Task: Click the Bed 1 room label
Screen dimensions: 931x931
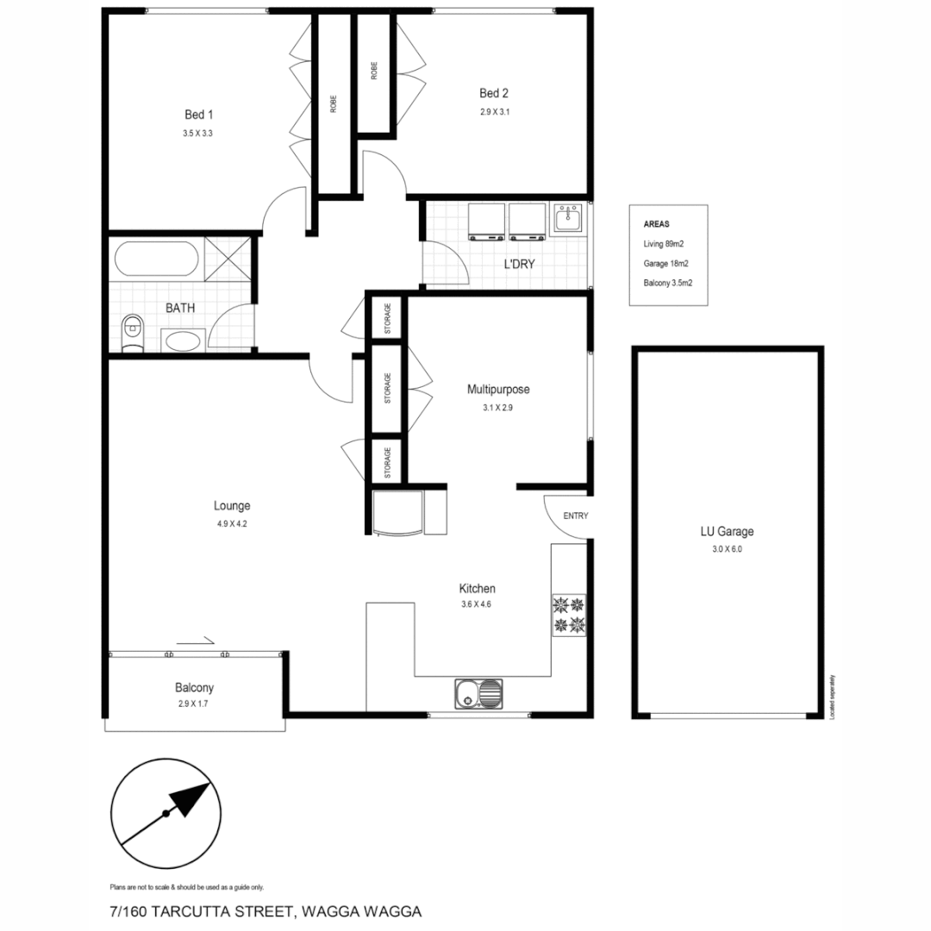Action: coord(198,115)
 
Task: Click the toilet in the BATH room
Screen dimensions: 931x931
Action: coord(132,331)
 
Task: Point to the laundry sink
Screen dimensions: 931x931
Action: coord(567,219)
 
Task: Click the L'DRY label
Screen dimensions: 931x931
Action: coord(520,264)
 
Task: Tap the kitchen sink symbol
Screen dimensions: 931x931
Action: coord(479,691)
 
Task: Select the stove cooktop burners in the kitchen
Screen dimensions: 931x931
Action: coord(569,614)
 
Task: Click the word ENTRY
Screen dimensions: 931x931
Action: coord(575,515)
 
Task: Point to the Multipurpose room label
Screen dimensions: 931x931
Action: coord(498,390)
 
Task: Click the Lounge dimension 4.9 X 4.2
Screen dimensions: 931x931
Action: coord(232,523)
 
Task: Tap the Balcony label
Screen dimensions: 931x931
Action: coord(194,688)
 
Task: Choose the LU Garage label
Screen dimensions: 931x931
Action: coord(727,532)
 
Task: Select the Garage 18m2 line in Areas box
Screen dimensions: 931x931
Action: coord(665,263)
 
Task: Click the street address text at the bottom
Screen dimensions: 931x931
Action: coord(266,910)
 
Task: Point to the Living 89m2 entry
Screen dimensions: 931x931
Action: coord(664,243)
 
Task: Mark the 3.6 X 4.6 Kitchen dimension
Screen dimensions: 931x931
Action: coord(476,604)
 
